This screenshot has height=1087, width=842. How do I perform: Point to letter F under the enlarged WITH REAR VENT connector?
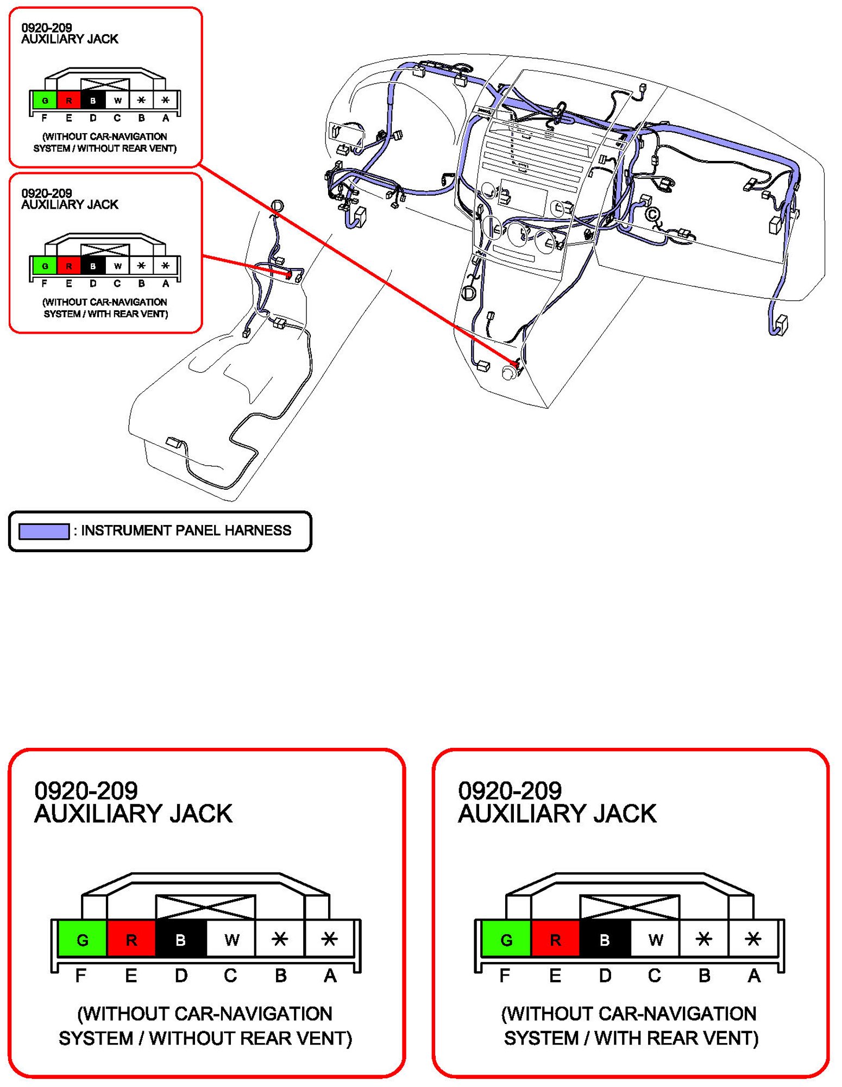(x=505, y=976)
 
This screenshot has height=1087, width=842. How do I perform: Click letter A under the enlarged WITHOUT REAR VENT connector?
(x=330, y=976)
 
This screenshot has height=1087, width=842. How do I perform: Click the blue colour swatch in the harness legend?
(x=44, y=531)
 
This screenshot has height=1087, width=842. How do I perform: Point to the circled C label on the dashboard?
(x=652, y=214)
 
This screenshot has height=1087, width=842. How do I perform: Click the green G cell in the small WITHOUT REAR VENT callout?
(x=45, y=100)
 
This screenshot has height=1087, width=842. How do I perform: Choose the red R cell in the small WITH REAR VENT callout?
(x=68, y=265)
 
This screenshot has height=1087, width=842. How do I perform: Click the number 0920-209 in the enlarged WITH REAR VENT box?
(x=510, y=791)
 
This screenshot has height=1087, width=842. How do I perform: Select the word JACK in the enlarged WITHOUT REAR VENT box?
(x=201, y=814)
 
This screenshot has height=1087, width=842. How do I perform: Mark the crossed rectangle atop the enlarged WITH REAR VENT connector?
(x=630, y=907)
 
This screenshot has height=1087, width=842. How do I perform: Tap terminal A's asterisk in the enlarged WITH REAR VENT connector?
(x=753, y=938)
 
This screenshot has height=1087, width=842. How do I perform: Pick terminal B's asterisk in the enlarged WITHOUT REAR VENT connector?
(x=280, y=938)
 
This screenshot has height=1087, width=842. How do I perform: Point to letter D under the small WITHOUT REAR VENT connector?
(x=93, y=118)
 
